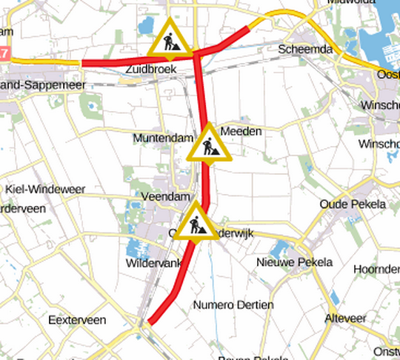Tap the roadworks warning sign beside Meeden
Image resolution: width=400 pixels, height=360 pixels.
[210, 144]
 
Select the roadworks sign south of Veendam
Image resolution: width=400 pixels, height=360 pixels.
[196, 222]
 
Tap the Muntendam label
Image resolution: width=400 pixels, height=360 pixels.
[161, 139]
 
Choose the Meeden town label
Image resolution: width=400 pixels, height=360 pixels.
[241, 131]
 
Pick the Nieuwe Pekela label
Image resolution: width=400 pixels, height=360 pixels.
[294, 262]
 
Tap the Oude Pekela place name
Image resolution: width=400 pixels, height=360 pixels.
[353, 204]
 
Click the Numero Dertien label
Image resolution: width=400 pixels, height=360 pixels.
[233, 304]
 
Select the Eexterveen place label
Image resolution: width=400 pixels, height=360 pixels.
[76, 320]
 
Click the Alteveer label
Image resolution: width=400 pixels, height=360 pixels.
[345, 318]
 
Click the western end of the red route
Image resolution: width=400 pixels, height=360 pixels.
[83, 63]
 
